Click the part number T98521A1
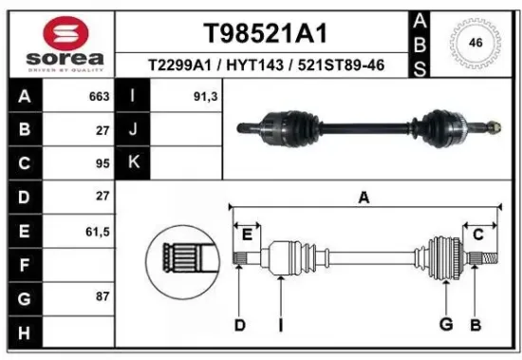pos(266,33)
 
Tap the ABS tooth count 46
pos(475,43)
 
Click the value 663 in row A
pos(96,97)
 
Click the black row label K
pos(134,162)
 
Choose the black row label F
pos(24,263)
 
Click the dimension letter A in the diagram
pos(363,199)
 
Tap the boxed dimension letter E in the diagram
pos(247,234)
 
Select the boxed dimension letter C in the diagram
pos(477,234)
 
